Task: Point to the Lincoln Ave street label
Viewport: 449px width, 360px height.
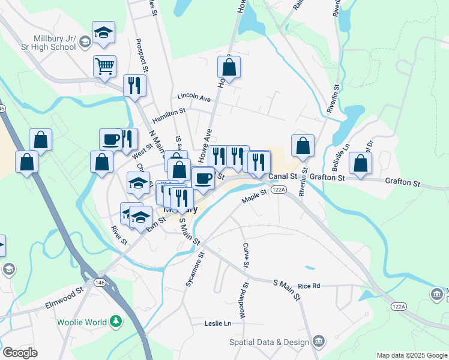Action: pos(194,97)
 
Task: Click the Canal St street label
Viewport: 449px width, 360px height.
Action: pos(283,177)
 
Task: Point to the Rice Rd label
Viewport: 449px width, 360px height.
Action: pos(309,286)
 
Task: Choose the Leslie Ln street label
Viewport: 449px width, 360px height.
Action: pos(218,323)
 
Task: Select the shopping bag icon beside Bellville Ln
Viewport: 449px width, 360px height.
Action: pos(360,163)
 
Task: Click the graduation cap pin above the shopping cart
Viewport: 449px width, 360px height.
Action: pos(103,33)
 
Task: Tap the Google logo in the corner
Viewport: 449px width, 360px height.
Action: pos(20,353)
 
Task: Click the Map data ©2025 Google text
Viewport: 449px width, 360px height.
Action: pos(411,355)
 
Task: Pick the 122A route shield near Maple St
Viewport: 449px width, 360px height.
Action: pos(278,189)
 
